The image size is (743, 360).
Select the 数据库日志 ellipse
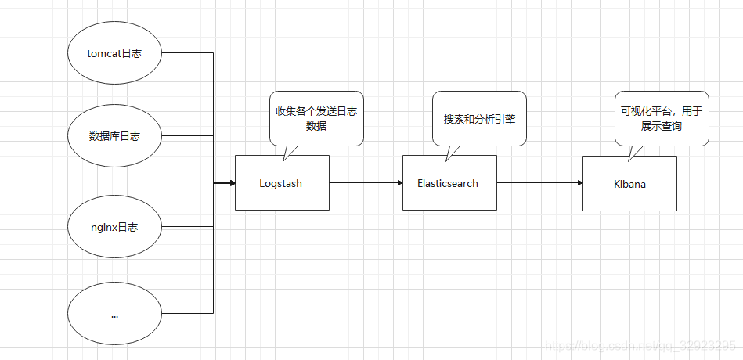tap(114, 135)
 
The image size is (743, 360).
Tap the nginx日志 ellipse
tap(114, 227)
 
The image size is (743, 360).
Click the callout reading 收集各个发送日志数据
tap(316, 118)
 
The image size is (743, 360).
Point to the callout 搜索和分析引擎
tap(479, 118)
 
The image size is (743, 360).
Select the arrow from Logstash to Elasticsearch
tap(366, 183)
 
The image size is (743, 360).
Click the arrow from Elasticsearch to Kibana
tap(539, 183)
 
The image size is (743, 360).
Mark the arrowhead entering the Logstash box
tap(231, 183)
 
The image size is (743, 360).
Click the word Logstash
tap(281, 184)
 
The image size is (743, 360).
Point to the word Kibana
tap(629, 184)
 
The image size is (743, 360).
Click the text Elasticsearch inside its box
tap(448, 183)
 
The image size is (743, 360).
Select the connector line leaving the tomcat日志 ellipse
tap(188, 52)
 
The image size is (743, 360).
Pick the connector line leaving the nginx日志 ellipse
tap(188, 227)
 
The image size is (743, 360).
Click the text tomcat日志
tap(114, 53)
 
